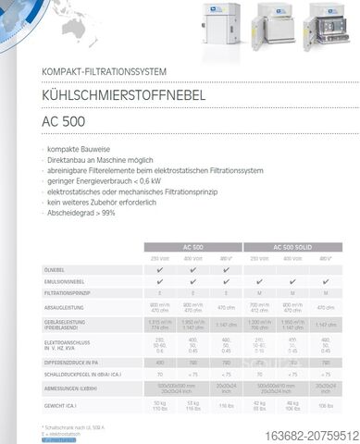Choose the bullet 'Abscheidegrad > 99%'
coord(84,212)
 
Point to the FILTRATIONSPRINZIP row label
coord(70,292)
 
